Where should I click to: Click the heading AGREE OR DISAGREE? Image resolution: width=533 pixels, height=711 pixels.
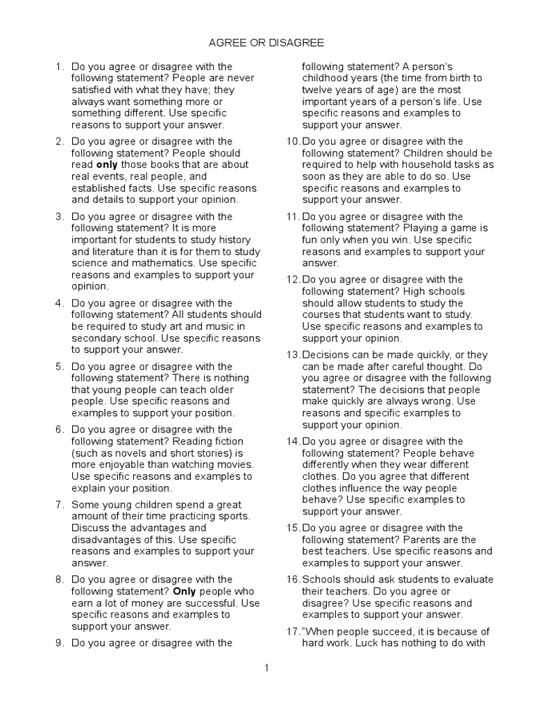click(266, 43)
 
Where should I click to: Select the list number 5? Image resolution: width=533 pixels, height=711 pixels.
click(60, 366)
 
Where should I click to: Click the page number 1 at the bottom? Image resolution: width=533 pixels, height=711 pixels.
click(266, 668)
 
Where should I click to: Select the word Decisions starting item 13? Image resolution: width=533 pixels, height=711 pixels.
click(325, 355)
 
